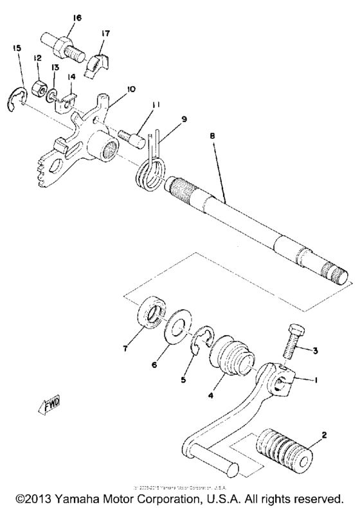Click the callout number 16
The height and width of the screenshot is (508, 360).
click(77, 19)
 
